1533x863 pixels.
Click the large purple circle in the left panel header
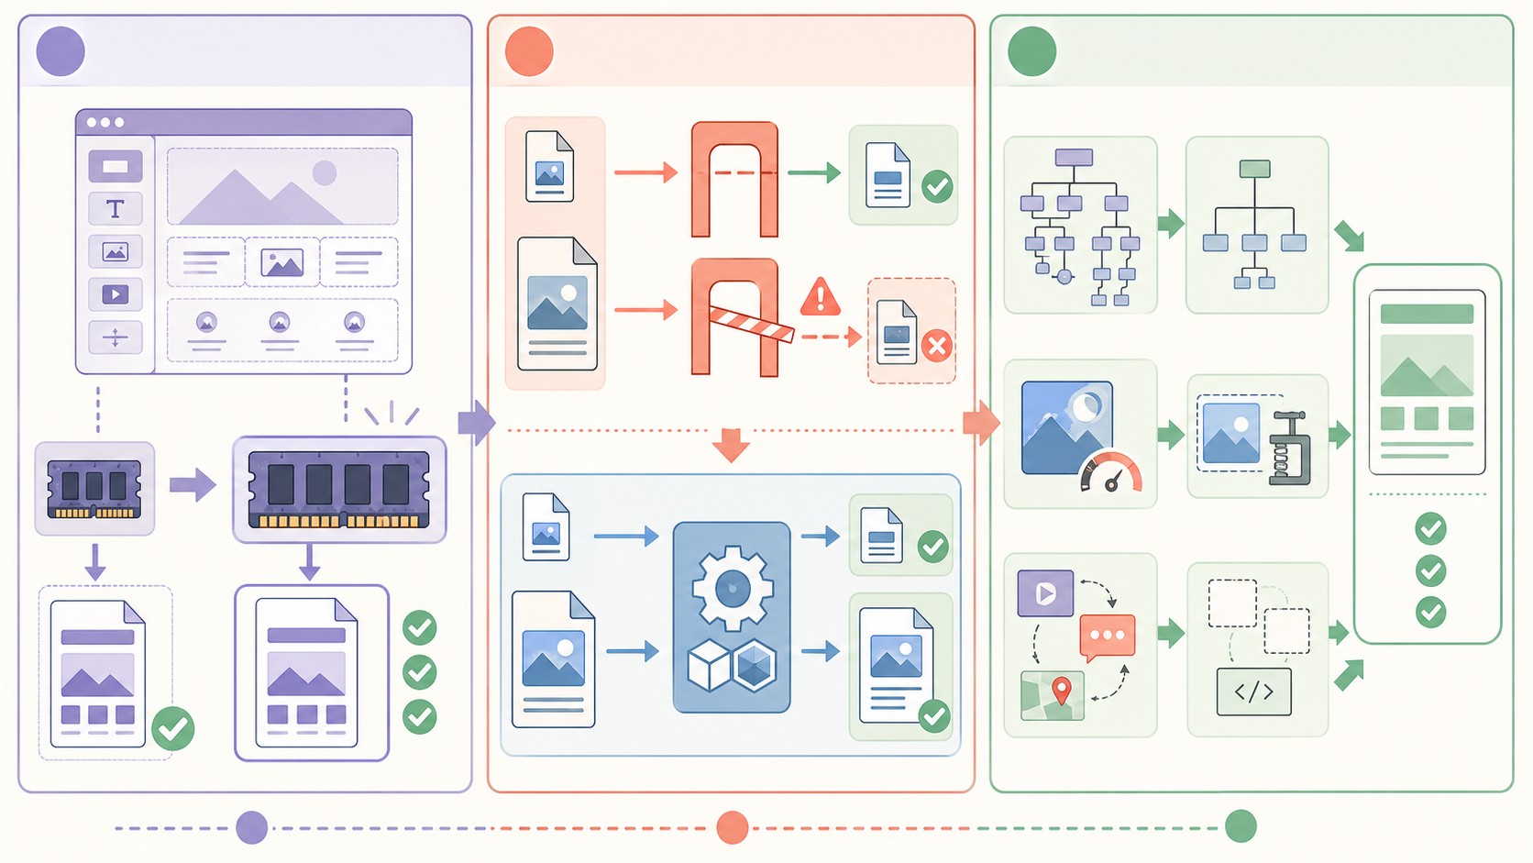pyautogui.click(x=61, y=51)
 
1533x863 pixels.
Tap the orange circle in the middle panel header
pyautogui.click(x=529, y=51)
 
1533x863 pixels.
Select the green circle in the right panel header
pyautogui.click(x=1031, y=51)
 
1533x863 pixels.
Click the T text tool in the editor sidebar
pyautogui.click(x=116, y=209)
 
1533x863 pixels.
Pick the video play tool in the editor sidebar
pyautogui.click(x=116, y=294)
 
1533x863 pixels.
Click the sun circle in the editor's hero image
pyautogui.click(x=325, y=172)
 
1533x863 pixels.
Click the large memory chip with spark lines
pyautogui.click(x=339, y=490)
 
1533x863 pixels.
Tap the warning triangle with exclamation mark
pyautogui.click(x=821, y=298)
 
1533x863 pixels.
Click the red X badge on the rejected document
pyautogui.click(x=936, y=346)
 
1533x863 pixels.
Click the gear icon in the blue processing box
pyautogui.click(x=732, y=587)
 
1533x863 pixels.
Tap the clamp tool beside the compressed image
pyautogui.click(x=1290, y=449)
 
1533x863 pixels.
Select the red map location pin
pyautogui.click(x=1062, y=690)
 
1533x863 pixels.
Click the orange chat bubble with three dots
pyautogui.click(x=1108, y=636)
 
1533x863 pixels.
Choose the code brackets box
pyautogui.click(x=1253, y=692)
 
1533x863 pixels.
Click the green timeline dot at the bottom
pyautogui.click(x=1241, y=826)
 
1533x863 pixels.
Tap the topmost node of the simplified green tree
pyautogui.click(x=1254, y=169)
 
